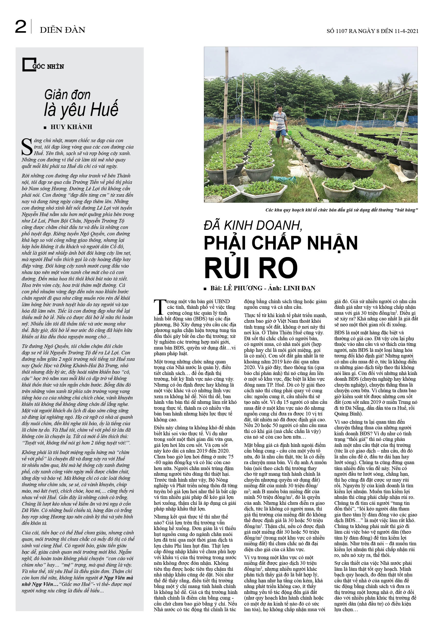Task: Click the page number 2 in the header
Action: tap(21, 27)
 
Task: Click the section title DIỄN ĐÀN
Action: tap(63, 30)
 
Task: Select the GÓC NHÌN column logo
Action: tap(43, 65)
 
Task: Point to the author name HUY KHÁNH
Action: tap(71, 127)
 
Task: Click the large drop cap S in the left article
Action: tap(27, 147)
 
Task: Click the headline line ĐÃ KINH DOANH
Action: tap(253, 226)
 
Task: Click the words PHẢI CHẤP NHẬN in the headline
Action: tap(280, 243)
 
